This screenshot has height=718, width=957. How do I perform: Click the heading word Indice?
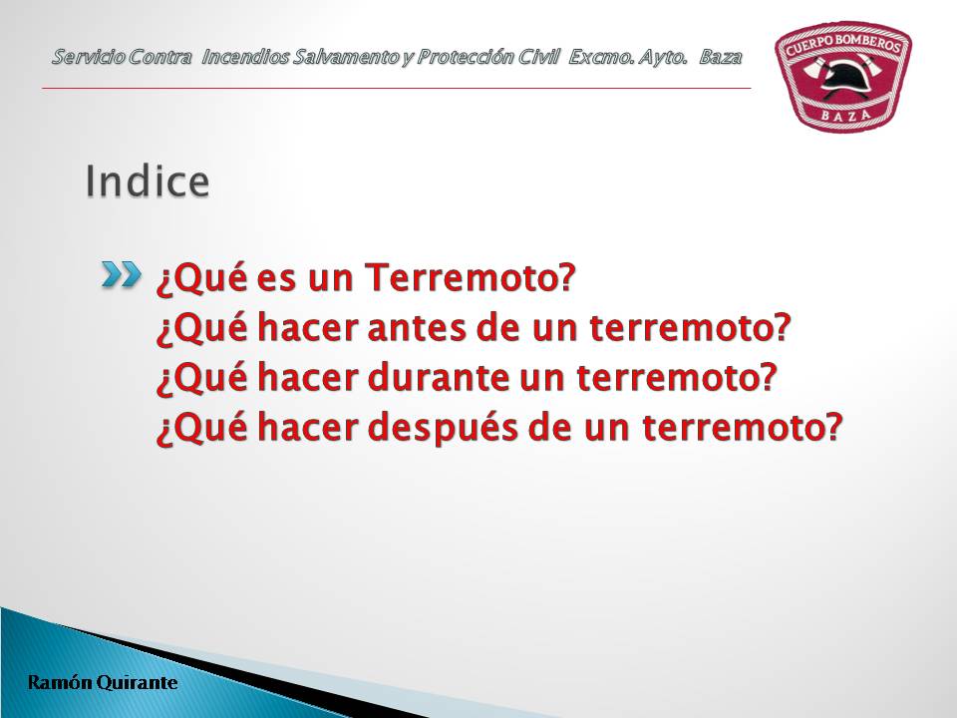coord(148,180)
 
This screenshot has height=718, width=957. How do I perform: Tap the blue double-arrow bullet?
coord(121,275)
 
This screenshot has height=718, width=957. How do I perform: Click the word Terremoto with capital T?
coord(470,277)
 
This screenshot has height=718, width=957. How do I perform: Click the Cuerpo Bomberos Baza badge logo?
coord(843,77)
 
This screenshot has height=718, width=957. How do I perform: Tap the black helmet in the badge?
coord(841,78)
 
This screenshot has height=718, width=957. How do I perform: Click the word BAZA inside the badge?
coord(845,114)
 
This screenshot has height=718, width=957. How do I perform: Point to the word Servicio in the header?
coord(88,57)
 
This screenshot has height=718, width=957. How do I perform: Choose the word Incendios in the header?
coord(245,57)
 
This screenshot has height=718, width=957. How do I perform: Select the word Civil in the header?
coord(539,57)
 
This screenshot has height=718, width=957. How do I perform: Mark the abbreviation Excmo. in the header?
coord(601,58)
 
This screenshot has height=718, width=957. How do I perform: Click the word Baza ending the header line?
coord(720,58)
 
